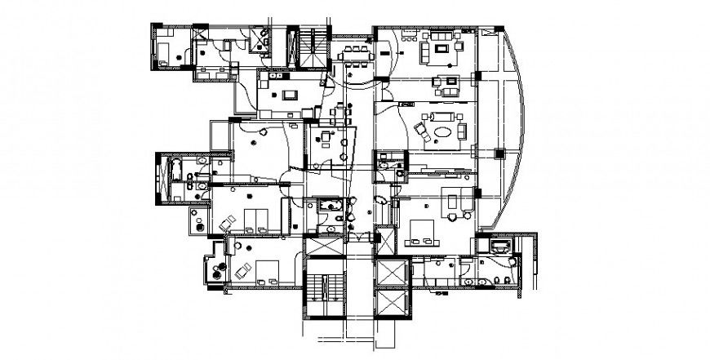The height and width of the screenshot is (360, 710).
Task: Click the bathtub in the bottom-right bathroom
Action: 498,244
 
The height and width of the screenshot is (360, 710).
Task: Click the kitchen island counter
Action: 289,96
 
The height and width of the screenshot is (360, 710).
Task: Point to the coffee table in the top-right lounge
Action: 443,51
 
